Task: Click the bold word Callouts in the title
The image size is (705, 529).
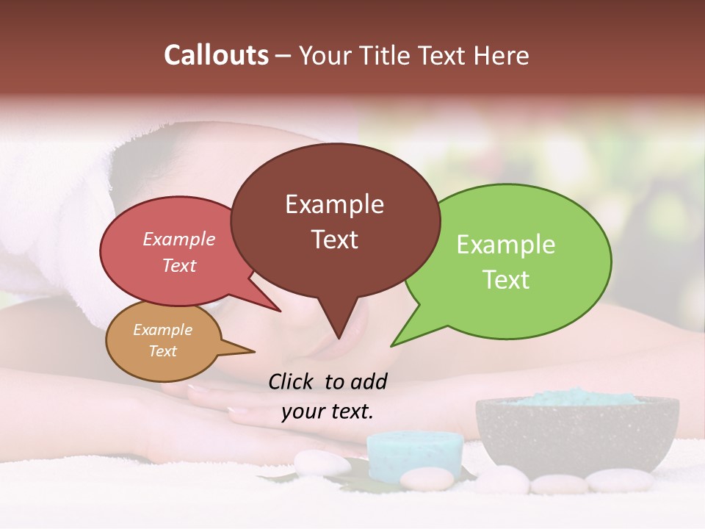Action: point(216,55)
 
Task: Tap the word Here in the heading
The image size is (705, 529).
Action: point(501,56)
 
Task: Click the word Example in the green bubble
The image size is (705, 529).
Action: point(505,245)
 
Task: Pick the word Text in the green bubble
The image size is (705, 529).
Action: point(505,280)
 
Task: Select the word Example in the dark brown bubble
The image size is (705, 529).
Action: point(334,204)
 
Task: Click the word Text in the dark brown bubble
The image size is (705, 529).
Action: point(334,240)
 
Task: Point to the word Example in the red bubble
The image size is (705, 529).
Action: point(179,240)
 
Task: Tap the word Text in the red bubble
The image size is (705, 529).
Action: point(179,265)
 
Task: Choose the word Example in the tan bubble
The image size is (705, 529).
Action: point(162,330)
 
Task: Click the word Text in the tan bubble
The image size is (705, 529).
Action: point(162,351)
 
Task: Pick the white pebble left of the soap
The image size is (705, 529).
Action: point(322,463)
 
